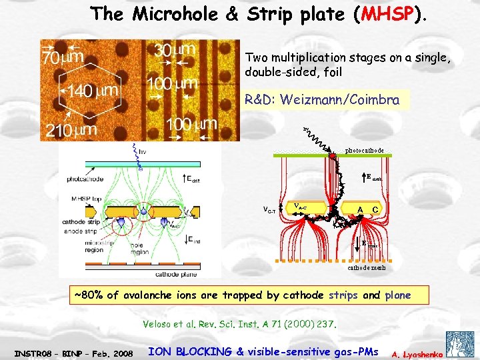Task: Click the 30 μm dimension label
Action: pos(174,50)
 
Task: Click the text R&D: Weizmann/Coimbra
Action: pos(322,100)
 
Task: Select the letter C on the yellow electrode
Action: pos(377,209)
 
